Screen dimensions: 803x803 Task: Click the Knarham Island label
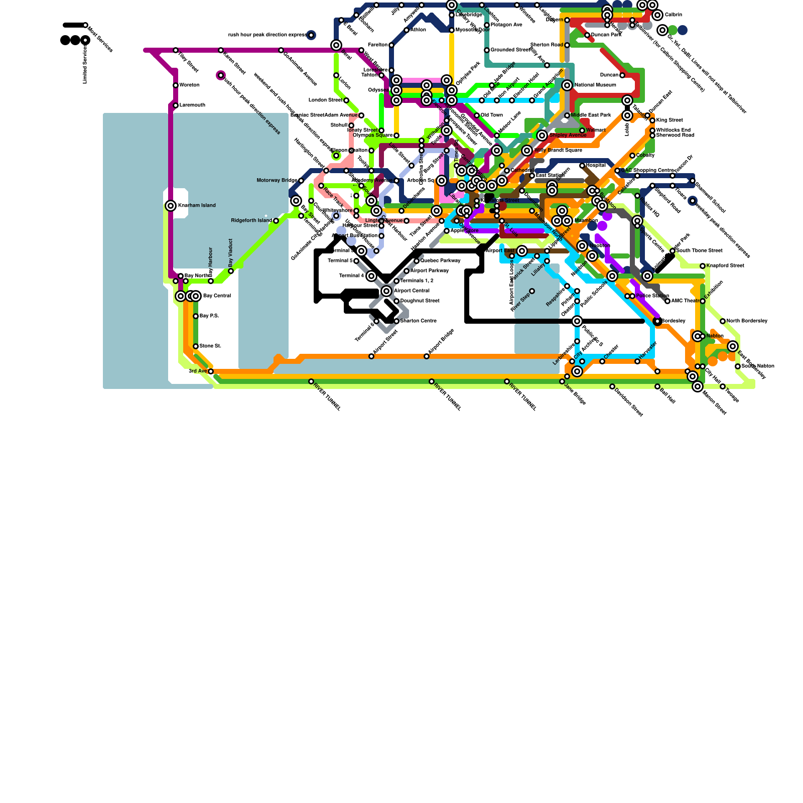tap(197, 206)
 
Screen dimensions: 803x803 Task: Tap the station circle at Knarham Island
tap(171, 206)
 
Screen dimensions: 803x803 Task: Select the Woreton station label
tap(189, 85)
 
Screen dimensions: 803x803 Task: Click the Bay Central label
tap(217, 296)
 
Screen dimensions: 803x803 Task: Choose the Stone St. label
tap(210, 346)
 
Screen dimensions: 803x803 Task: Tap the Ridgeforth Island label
tap(251, 221)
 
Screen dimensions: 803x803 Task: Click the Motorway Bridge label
tap(277, 181)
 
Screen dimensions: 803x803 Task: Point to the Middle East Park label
tap(591, 115)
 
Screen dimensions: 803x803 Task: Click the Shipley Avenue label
tap(567, 136)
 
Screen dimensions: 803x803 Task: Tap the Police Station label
tap(652, 296)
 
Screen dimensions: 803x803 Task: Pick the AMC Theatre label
tap(687, 301)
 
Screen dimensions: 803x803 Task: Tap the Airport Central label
tap(412, 291)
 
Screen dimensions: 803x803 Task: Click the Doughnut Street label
tap(420, 301)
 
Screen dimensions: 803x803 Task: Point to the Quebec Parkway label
tap(440, 261)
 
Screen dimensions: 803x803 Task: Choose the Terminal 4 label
tap(351, 276)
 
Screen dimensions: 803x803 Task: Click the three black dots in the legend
tap(75, 40)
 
